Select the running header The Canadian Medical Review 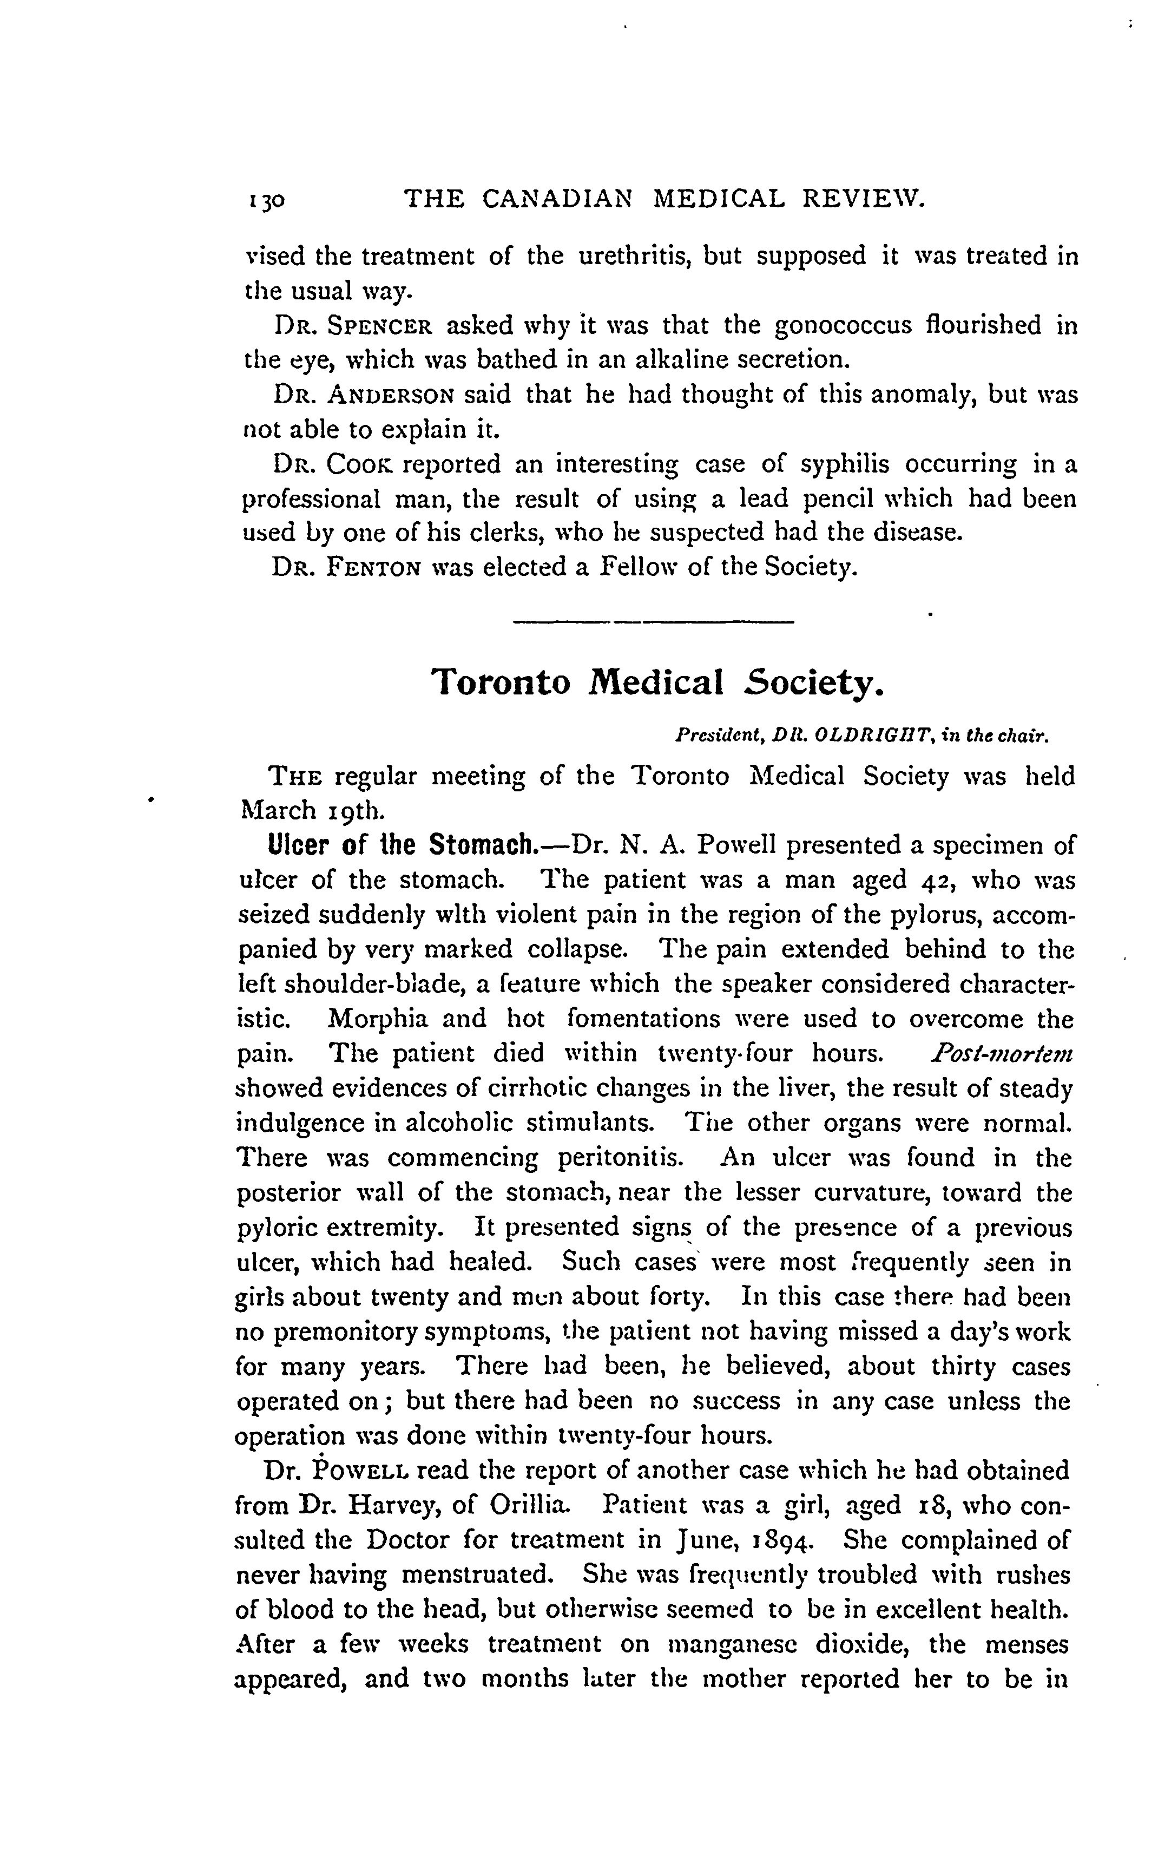[x=665, y=199]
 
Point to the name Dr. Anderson [x=364, y=395]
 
